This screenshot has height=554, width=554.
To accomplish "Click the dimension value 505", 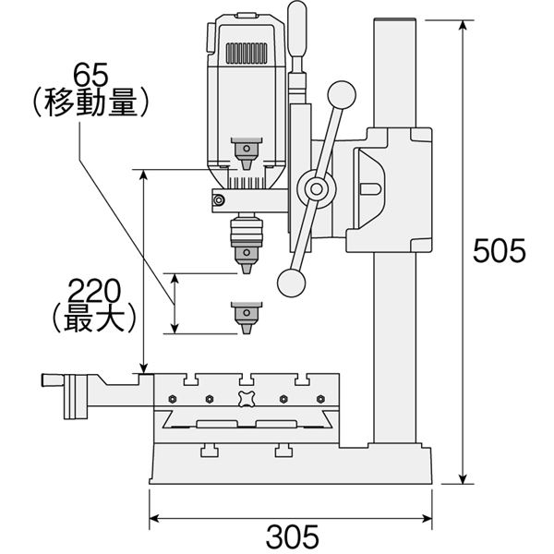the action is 500,250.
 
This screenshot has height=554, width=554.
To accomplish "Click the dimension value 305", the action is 292,536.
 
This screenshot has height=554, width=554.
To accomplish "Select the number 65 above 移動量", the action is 90,76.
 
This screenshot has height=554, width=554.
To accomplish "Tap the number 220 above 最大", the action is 94,291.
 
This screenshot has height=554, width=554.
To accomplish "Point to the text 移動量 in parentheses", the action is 90,102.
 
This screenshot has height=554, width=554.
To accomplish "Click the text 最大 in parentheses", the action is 94,317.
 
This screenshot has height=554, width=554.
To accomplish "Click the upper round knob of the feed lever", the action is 342,95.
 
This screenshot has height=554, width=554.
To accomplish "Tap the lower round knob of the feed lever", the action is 292,283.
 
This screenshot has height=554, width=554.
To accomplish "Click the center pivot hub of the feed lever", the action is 316,189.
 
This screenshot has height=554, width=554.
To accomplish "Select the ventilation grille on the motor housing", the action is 247,54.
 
